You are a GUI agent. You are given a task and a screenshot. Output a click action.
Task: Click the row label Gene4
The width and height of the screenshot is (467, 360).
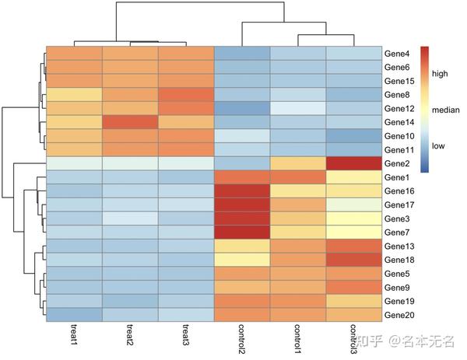point(397,54)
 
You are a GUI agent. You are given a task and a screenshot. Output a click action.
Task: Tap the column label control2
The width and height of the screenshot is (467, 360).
point(242,340)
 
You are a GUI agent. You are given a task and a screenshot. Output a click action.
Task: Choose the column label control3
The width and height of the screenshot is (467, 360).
point(354,340)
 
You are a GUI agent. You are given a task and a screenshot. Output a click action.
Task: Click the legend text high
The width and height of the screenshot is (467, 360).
point(441,74)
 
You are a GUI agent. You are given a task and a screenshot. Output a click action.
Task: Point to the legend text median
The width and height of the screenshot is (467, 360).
point(445,110)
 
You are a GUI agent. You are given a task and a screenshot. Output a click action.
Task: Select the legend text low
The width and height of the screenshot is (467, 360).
point(439,145)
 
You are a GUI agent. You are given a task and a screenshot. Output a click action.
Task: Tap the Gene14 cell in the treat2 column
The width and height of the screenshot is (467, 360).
point(130,122)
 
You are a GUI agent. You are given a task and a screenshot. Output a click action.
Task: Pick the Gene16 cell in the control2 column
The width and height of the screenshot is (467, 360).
point(242,190)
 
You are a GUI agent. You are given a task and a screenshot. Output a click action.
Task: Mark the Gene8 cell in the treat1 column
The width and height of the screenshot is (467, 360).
point(74,95)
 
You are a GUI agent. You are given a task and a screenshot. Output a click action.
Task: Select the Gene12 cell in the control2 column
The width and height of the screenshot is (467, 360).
point(242,108)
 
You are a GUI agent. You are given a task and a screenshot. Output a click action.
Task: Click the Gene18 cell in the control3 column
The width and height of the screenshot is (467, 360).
point(354,259)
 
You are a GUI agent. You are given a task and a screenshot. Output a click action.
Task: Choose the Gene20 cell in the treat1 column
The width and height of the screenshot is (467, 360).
point(74,314)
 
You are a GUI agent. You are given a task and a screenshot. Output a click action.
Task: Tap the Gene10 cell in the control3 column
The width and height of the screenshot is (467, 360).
point(354,136)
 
